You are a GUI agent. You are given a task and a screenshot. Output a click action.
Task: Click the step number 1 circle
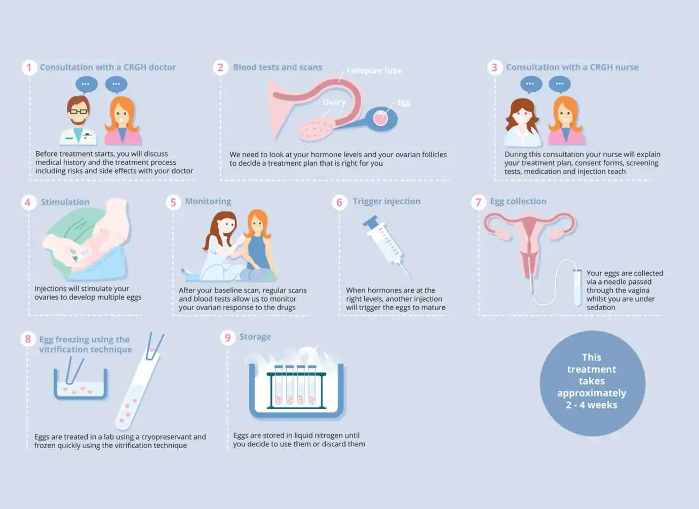pos(29,67)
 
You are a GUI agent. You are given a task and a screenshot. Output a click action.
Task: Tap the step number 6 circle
pos(339,202)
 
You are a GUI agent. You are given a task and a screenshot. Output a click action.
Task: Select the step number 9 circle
pos(227,338)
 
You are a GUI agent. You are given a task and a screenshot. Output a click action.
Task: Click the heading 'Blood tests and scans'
pos(278,67)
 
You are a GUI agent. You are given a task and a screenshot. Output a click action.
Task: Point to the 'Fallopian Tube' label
pos(374,71)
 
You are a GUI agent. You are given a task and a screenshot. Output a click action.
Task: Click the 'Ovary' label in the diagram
pos(334,102)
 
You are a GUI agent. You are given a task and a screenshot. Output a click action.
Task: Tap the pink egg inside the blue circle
pos(380,118)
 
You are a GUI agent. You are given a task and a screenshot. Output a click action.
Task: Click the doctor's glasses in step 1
pos(79,112)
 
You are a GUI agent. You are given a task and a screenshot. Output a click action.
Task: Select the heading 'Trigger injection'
pos(386,201)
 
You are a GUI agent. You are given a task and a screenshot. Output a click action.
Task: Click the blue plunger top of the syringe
pos(371,222)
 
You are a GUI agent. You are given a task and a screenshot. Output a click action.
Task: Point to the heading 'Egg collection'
pos(518,201)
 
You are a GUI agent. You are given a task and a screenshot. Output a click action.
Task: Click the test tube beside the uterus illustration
pos(577,287)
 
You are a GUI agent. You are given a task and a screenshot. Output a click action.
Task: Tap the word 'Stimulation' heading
pos(65,202)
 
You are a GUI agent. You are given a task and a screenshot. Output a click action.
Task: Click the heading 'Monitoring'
pos(208,201)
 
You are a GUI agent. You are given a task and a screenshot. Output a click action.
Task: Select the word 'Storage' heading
pos(255,337)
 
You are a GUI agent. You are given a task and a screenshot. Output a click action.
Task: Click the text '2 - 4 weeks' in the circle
pos(592,405)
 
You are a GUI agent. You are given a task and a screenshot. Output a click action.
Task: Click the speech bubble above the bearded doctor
pos(87,84)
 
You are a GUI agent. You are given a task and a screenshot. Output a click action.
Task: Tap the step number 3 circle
pos(494,67)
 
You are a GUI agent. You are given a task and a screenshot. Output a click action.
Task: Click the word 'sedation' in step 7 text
pos(601,307)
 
